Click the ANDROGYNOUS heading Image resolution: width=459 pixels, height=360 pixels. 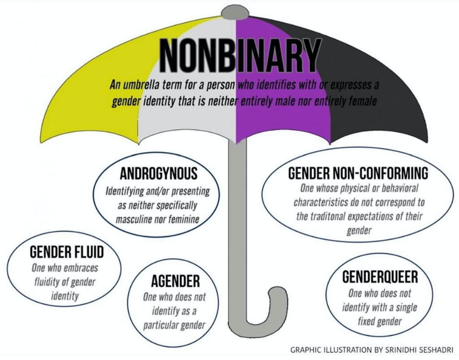pos(159,174)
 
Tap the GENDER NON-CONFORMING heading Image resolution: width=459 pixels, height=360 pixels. pos(358,173)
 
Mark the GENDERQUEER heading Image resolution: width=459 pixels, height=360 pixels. pos(380,277)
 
